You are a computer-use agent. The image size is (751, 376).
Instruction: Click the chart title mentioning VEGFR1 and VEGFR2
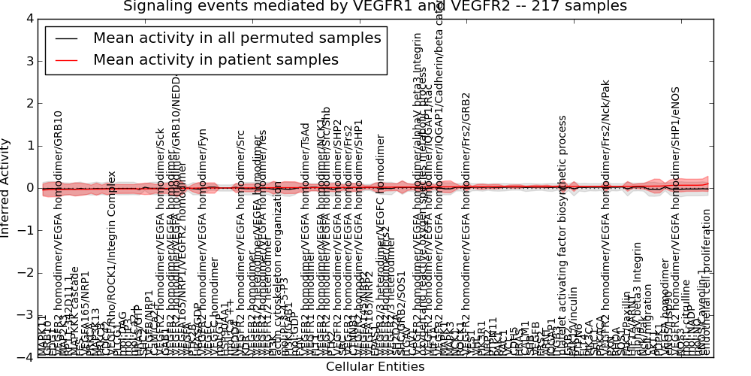coord(375,7)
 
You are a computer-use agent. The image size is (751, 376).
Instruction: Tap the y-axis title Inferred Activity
coord(7,187)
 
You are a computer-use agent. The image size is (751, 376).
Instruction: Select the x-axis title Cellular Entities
coord(375,367)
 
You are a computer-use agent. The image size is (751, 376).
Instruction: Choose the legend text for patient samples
coord(216,59)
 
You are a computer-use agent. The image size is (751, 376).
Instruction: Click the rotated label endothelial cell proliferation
coord(706,283)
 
